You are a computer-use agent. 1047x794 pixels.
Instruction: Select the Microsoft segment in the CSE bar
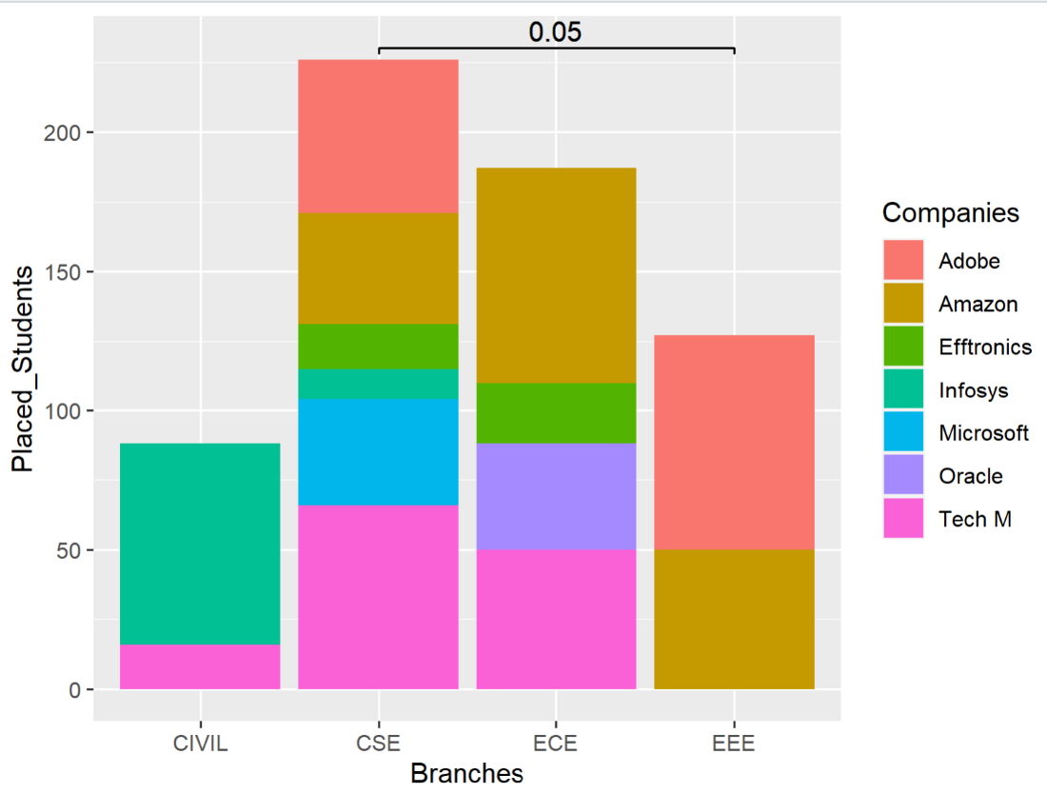[378, 452]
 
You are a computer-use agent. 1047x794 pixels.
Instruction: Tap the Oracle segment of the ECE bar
[556, 497]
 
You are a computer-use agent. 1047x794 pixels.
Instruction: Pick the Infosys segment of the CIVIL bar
[200, 544]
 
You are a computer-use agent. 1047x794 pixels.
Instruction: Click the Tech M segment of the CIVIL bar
[200, 666]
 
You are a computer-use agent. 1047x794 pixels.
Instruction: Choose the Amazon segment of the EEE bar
[734, 619]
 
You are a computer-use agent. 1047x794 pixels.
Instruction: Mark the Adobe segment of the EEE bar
[734, 443]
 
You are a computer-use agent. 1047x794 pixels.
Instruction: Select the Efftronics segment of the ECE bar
[556, 413]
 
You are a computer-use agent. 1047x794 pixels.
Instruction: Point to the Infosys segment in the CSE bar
[378, 384]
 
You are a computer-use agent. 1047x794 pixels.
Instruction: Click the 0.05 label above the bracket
[555, 31]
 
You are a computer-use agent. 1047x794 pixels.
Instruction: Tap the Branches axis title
[466, 773]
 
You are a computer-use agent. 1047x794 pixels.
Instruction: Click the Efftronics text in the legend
[984, 347]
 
